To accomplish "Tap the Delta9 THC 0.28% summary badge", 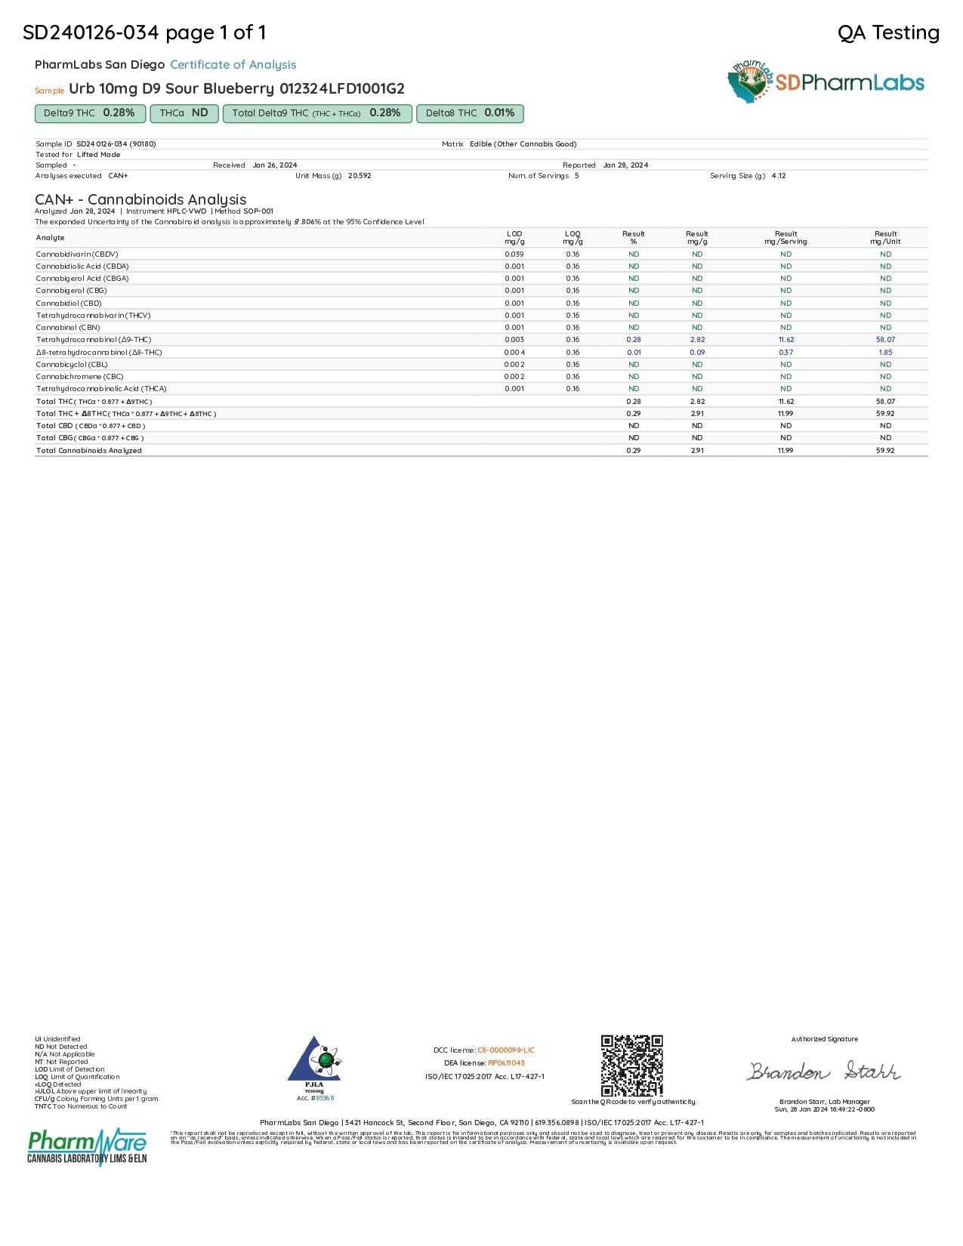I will point(90,113).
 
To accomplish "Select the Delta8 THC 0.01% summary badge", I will point(470,113).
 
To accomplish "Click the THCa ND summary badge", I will point(184,113).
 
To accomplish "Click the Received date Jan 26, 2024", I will point(275,165).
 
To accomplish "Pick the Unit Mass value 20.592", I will point(360,176).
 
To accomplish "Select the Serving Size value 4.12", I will point(779,176).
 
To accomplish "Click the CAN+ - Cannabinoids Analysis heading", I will point(140,199).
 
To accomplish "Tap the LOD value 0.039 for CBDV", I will point(514,254).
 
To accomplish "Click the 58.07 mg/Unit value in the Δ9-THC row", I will point(885,340).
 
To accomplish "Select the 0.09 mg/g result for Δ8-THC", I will point(697,353).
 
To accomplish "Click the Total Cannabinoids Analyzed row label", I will point(88,451).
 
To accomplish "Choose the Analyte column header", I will point(51,238).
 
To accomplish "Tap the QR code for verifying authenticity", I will point(632,1066).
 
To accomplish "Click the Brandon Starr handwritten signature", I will point(824,1071).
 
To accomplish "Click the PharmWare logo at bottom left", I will point(87,1146).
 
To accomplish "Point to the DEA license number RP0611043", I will point(506,1063).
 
